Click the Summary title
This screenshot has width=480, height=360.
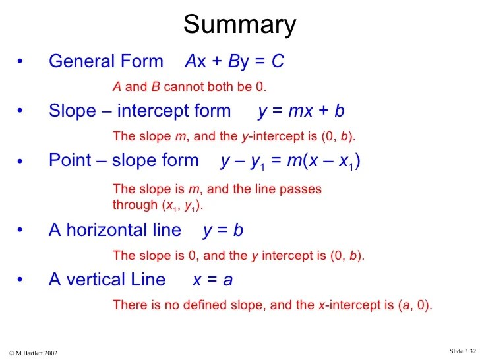coord(239,25)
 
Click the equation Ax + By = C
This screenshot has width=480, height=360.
coord(235,62)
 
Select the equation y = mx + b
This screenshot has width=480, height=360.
coord(301,111)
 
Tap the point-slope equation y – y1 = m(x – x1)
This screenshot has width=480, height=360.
coord(291,161)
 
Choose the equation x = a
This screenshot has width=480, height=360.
coord(212,280)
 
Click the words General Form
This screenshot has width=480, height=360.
coord(105,62)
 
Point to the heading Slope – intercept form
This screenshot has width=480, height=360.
coord(140,111)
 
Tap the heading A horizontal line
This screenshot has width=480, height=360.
coord(115,230)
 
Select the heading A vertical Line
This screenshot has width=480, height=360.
coord(107,280)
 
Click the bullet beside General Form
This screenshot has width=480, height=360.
coord(20,62)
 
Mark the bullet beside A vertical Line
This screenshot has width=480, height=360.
coord(20,280)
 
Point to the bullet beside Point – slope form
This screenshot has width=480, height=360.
coord(20,161)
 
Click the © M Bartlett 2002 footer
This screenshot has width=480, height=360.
coord(34,353)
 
